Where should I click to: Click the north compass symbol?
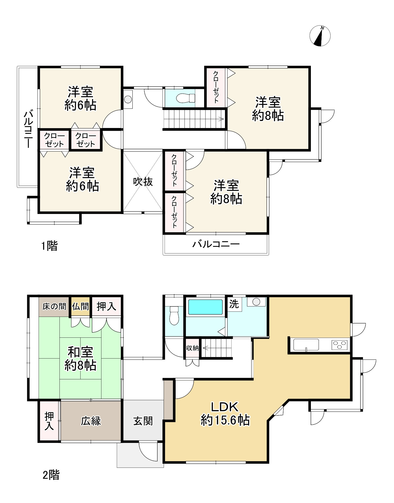point(320,36)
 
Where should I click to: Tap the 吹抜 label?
point(143,182)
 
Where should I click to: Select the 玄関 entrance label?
point(143,421)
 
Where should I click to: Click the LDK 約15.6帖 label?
point(225,414)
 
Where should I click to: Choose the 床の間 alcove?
point(54,306)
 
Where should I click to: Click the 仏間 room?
point(80,306)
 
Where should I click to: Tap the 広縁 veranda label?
point(91,421)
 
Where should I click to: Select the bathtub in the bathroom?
point(205,307)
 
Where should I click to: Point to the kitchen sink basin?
point(306,345)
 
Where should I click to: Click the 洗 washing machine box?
point(234,304)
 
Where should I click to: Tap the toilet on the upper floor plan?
point(186,98)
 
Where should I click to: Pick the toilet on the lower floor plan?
point(174,315)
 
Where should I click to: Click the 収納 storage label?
point(192,348)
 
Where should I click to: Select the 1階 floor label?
point(50,246)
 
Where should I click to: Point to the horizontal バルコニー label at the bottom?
point(216,244)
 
